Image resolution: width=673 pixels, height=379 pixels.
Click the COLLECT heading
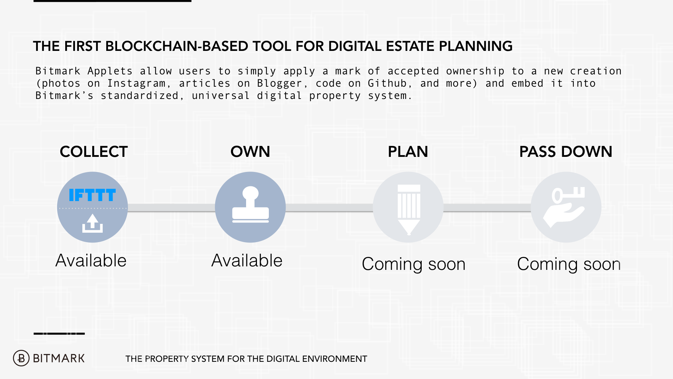coord(94,152)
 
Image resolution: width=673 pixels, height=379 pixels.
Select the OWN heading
coord(250,152)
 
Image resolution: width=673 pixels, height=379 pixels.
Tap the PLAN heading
coord(408,152)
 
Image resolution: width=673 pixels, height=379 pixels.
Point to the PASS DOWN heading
coord(565,152)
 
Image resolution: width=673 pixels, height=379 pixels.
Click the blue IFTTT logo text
coord(92,195)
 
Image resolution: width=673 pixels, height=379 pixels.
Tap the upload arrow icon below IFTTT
coord(93,223)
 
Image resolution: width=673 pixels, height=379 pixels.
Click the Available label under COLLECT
coord(91,261)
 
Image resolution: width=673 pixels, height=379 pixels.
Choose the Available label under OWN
coord(247,261)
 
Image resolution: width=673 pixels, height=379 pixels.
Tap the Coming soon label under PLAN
coord(414,264)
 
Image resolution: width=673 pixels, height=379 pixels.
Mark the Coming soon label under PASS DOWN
coord(569,264)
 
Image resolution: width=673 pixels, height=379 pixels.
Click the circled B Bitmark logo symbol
coord(21,358)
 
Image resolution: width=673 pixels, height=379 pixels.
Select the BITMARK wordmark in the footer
coord(59,358)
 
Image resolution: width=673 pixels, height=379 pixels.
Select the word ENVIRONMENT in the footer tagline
coord(334,359)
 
